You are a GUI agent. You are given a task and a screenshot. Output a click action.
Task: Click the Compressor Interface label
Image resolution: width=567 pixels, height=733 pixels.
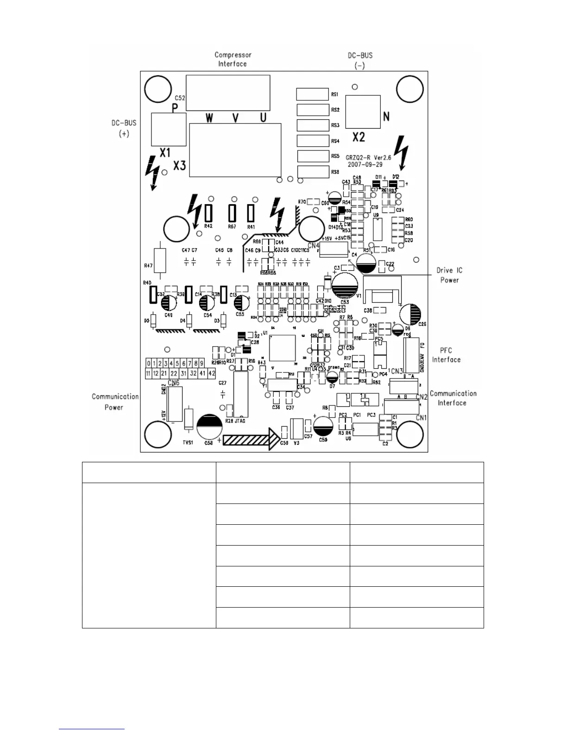pyautogui.click(x=233, y=59)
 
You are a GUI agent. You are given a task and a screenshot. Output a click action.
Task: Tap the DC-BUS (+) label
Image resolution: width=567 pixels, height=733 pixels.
pyautogui.click(x=124, y=128)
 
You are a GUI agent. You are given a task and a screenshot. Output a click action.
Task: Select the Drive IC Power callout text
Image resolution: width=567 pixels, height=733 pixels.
pyautogui.click(x=449, y=275)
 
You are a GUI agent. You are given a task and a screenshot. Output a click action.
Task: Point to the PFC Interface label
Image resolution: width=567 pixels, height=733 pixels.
pyautogui.click(x=446, y=355)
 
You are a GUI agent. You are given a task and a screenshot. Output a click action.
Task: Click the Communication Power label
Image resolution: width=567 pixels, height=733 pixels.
pyautogui.click(x=115, y=402)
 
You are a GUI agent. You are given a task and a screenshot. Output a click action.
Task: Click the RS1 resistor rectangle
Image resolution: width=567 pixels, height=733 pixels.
pyautogui.click(x=313, y=94)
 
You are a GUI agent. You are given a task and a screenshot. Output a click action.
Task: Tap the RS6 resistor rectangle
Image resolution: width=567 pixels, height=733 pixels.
pyautogui.click(x=313, y=172)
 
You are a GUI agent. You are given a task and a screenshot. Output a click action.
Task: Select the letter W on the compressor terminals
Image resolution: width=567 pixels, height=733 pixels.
pyautogui.click(x=209, y=118)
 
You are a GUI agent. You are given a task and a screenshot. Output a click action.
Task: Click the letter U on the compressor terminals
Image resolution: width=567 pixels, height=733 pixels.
pyautogui.click(x=263, y=118)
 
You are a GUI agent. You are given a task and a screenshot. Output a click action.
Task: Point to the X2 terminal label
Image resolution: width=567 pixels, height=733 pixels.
pyautogui.click(x=359, y=137)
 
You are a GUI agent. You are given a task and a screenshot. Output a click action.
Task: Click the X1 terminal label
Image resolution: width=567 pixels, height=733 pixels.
pyautogui.click(x=165, y=153)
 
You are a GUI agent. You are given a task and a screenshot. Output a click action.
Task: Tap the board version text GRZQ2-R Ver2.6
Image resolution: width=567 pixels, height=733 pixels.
pyautogui.click(x=368, y=158)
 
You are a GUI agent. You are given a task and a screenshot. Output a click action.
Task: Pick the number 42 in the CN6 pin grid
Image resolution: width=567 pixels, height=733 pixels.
pyautogui.click(x=212, y=373)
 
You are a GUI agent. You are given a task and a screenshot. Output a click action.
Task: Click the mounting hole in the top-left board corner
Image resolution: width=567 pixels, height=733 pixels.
pyautogui.click(x=158, y=89)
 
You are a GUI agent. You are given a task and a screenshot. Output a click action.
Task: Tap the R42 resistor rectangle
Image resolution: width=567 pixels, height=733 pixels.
pyautogui.click(x=208, y=213)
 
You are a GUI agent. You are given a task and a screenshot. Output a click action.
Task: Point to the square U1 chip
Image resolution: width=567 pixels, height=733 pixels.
pyautogui.click(x=282, y=348)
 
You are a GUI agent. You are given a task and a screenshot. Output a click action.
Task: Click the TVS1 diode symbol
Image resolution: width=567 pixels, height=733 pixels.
pyautogui.click(x=189, y=420)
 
